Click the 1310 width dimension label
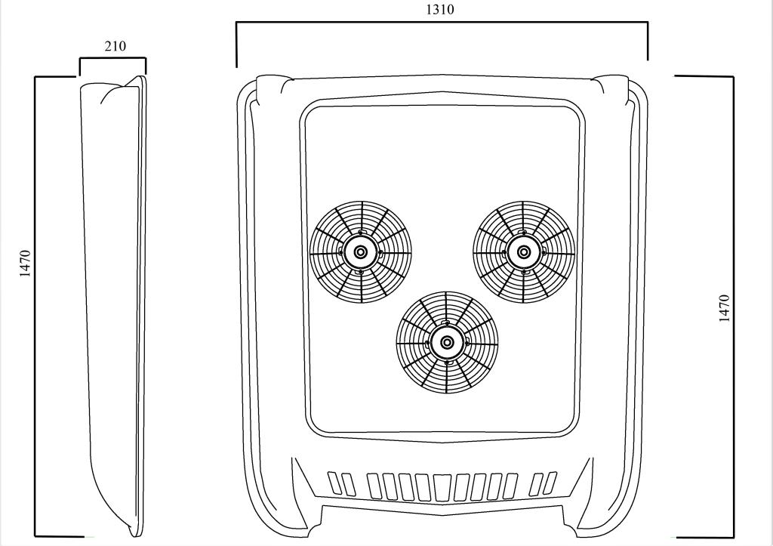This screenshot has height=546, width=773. (440, 9)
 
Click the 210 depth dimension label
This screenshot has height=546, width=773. (115, 46)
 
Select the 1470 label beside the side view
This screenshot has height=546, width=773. (25, 264)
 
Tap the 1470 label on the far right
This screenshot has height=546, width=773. (724, 308)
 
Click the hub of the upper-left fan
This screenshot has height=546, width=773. (361, 252)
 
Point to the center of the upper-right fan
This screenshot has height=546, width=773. (524, 252)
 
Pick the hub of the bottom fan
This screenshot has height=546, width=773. (447, 342)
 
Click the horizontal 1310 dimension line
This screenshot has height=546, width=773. (442, 22)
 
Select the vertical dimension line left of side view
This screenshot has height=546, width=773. (35, 307)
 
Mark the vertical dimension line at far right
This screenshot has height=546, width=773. (733, 307)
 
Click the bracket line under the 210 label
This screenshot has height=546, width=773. (113, 59)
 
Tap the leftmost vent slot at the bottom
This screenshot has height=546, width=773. (334, 483)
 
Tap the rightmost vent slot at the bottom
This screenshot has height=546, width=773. (550, 483)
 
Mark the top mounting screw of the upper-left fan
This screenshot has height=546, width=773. (361, 233)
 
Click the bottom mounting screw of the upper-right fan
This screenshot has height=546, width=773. (524, 272)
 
